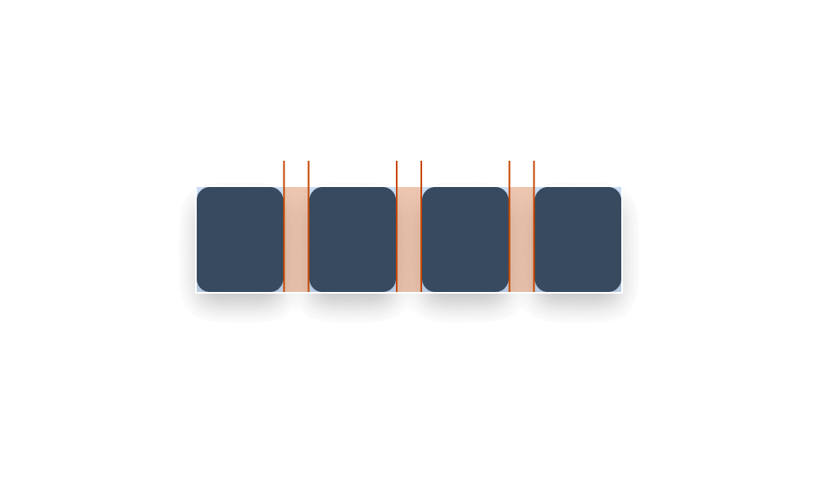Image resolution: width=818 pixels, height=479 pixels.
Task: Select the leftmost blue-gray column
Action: [x=239, y=239]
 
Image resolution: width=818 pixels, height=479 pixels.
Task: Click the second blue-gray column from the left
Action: [x=352, y=239]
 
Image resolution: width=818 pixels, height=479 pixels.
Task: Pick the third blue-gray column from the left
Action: [x=465, y=239]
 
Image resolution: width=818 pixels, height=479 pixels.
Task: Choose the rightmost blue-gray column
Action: [x=578, y=239]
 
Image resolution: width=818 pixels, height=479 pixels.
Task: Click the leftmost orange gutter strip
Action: [x=296, y=239]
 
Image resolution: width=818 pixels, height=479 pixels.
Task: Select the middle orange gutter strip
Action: [x=409, y=239]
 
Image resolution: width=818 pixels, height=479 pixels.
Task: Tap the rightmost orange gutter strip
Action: [x=521, y=239]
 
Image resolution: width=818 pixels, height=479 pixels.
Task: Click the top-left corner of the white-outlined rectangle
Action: [x=196, y=187]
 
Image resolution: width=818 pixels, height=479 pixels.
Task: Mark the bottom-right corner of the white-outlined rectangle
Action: [x=621, y=292]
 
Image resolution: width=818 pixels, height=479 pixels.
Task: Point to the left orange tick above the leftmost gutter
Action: [x=284, y=173]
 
